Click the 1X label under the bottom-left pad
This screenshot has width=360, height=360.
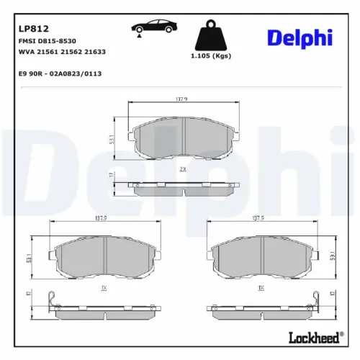(105, 286)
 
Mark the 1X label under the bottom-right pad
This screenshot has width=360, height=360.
(261, 286)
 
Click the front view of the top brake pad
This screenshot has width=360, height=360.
(183, 137)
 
